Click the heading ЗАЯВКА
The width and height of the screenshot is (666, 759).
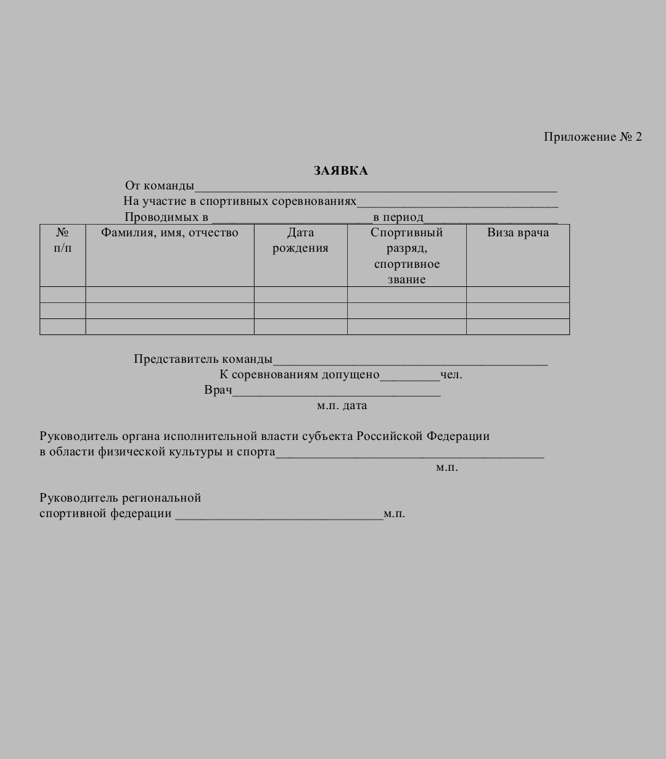click(340, 171)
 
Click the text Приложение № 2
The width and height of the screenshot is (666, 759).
click(593, 137)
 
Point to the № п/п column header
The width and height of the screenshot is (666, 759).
click(62, 241)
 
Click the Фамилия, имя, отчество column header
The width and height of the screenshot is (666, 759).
click(170, 233)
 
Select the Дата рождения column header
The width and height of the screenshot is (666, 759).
click(300, 241)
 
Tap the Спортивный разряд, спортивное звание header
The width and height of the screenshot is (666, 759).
click(406, 255)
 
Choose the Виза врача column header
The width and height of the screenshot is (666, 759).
click(517, 233)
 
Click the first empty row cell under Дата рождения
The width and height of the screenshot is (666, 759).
click(300, 294)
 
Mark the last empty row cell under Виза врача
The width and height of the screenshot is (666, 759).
click(517, 326)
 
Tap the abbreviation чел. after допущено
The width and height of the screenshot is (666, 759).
click(451, 375)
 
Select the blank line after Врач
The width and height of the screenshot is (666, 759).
click(336, 394)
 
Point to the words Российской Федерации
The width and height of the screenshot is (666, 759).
click(423, 436)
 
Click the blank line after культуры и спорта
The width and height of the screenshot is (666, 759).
click(409, 455)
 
